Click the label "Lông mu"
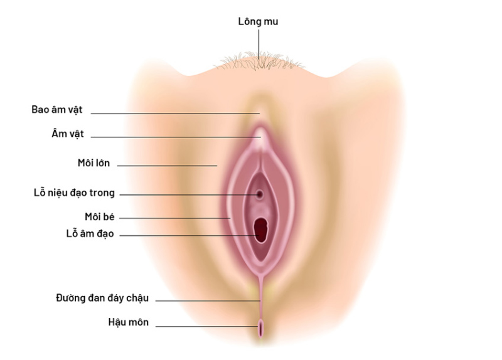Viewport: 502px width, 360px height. (258, 22)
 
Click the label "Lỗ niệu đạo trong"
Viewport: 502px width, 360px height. (74, 193)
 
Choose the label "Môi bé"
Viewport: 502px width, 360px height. (99, 216)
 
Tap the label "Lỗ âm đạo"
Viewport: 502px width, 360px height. (86, 233)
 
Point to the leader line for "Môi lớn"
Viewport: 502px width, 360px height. (167, 166)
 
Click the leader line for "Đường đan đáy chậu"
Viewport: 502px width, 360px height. (207, 301)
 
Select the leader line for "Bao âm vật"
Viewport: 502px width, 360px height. (176, 113)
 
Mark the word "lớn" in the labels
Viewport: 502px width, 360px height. (102, 163)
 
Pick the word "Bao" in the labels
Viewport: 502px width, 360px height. (40, 109)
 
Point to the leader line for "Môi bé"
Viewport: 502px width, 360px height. (176, 218)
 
